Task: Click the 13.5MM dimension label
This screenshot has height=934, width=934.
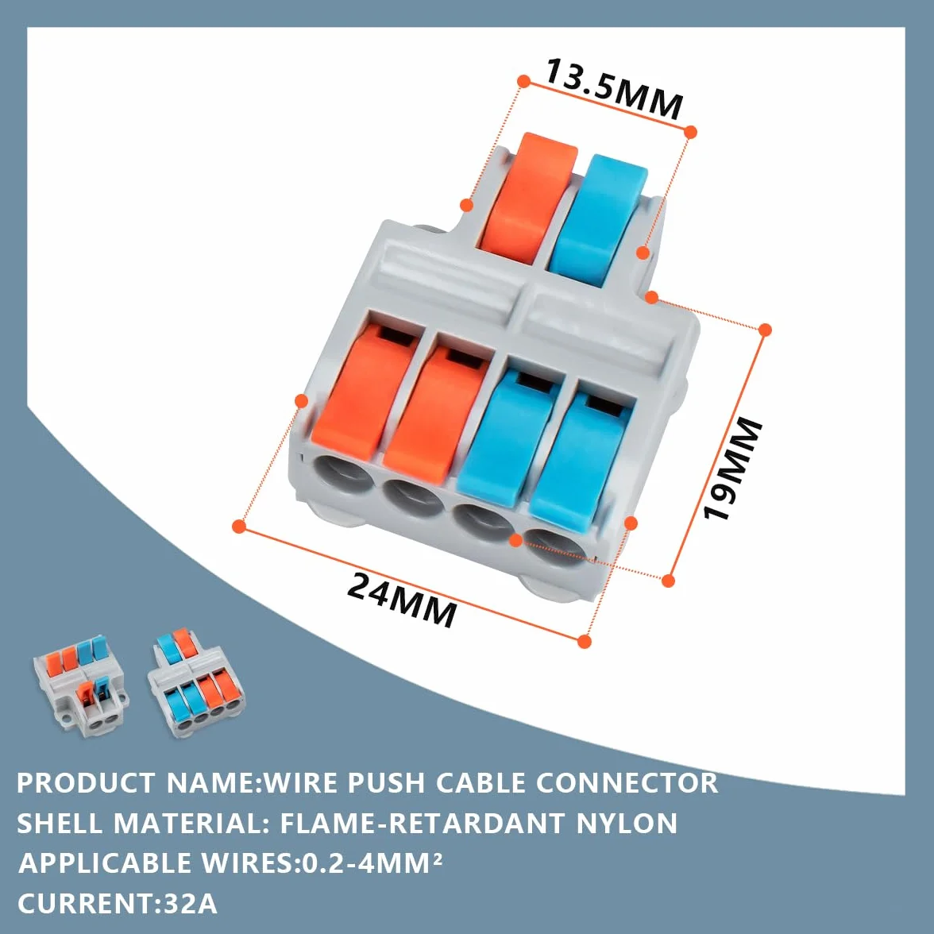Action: [613, 89]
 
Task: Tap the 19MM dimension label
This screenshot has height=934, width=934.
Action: [732, 469]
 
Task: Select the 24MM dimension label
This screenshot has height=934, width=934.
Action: [402, 600]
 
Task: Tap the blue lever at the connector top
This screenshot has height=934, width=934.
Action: [598, 221]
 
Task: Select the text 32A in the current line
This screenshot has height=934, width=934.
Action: [189, 904]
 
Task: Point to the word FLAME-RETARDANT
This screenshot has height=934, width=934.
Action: [422, 823]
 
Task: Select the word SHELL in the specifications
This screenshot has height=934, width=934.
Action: [60, 823]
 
